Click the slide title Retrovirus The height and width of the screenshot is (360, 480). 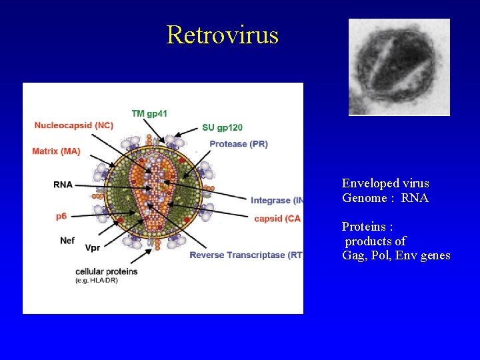point(222,34)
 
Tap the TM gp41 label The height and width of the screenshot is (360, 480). point(149,113)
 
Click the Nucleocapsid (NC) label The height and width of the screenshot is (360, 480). point(73,125)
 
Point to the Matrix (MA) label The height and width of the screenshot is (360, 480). point(56,151)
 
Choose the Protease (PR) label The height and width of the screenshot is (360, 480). point(238,144)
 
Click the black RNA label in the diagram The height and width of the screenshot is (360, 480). point(63,185)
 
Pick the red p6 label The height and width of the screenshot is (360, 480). point(61,216)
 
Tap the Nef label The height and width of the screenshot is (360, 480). point(67,240)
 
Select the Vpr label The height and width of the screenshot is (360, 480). point(93,248)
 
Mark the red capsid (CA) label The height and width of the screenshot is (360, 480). point(277,219)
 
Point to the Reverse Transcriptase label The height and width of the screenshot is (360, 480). point(245,255)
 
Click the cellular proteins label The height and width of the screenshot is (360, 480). point(106,271)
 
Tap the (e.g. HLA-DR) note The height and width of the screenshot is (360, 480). point(97,280)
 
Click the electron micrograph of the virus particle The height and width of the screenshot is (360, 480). point(399,67)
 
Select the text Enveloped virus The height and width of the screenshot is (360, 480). point(385,183)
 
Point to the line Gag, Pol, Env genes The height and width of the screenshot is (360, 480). point(396,256)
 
